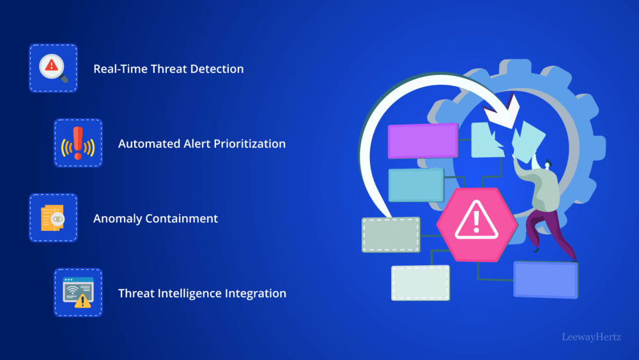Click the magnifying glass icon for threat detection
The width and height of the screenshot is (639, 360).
[52, 68]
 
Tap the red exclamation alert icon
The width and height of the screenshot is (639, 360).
[78, 143]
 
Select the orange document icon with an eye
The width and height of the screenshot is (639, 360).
[52, 218]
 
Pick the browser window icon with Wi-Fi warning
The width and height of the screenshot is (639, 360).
[78, 293]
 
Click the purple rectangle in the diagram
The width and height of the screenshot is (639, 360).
[423, 140]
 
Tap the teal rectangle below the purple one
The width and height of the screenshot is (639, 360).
[416, 185]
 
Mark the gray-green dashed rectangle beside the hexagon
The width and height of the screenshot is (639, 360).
[391, 234]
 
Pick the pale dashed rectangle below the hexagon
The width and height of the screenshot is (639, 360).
[420, 282]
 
